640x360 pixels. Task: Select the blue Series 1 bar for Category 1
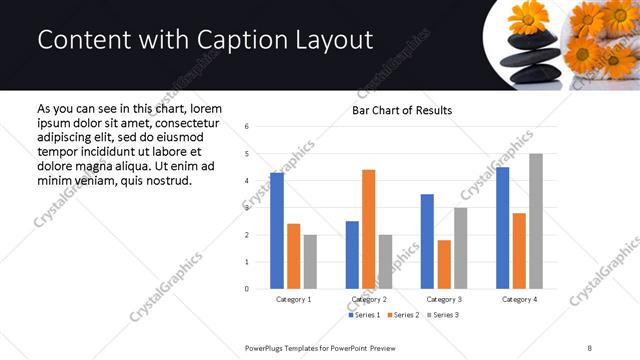pyautogui.click(x=277, y=230)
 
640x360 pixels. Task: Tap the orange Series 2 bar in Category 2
pyautogui.click(x=368, y=229)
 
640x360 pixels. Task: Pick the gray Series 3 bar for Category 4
pyautogui.click(x=536, y=221)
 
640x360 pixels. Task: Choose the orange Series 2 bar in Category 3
pyautogui.click(x=444, y=264)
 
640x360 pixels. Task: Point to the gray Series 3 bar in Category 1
pyautogui.click(x=310, y=261)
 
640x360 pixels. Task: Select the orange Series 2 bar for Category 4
pyautogui.click(x=519, y=250)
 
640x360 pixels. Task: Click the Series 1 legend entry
pyautogui.click(x=364, y=316)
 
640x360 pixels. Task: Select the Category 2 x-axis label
pyautogui.click(x=369, y=299)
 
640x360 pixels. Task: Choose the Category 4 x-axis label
pyautogui.click(x=519, y=299)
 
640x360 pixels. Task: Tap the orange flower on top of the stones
pyautogui.click(x=527, y=17)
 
